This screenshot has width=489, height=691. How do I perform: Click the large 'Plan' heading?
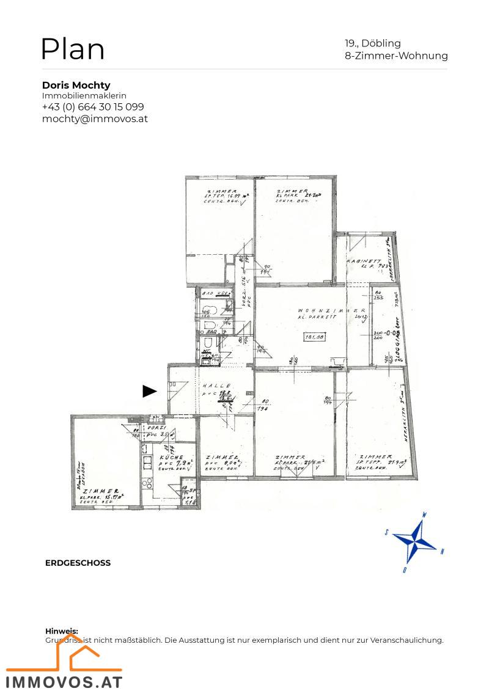pos(72,49)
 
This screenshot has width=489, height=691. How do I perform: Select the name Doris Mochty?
pos(76,85)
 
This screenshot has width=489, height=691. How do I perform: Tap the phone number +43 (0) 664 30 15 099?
pos(93,107)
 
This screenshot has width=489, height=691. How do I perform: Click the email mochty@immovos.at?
pos(95,119)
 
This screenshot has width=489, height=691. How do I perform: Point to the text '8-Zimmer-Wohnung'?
pos(396,56)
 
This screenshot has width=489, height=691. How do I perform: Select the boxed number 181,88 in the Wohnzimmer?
pos(318,337)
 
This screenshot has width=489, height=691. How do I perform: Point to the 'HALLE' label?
pos(217,386)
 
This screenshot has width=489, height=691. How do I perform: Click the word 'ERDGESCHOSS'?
pos(78,563)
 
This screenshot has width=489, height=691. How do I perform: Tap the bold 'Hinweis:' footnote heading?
pos(62,631)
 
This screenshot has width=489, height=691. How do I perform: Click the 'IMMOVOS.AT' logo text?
pos(64,681)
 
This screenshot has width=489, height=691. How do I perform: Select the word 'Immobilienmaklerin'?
pos(84,96)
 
